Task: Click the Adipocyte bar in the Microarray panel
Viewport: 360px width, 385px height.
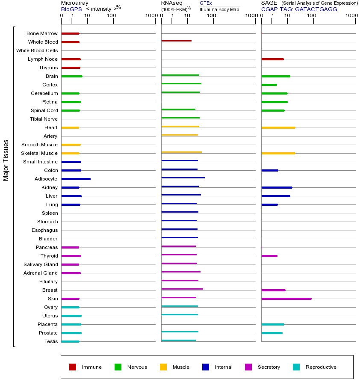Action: coord(76,179)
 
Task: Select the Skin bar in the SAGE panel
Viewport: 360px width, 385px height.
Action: coord(286,299)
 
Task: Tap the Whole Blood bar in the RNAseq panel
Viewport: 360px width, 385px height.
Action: coord(176,41)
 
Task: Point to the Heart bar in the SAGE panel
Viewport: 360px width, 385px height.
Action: coord(278,127)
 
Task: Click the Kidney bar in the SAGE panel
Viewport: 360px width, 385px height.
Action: coord(277,187)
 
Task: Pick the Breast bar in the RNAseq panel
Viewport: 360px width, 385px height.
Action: coord(182,289)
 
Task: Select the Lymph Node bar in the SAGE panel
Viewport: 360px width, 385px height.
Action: coord(272,59)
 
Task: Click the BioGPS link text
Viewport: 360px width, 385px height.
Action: coord(71,9)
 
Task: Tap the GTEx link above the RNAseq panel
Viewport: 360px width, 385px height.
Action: coord(206,3)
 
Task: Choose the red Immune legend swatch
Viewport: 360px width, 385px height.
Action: coord(73,367)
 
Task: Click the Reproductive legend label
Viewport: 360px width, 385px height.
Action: coord(321,367)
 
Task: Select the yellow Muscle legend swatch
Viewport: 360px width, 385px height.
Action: coord(163,367)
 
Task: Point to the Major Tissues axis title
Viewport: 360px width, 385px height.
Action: coord(6,160)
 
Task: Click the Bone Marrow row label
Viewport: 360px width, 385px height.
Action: coord(42,33)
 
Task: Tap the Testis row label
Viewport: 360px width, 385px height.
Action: coord(51,341)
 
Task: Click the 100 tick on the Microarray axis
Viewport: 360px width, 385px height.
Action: coord(112,16)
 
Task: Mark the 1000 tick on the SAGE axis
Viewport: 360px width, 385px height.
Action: coord(351,16)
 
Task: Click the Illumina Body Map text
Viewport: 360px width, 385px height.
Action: coord(219,9)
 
